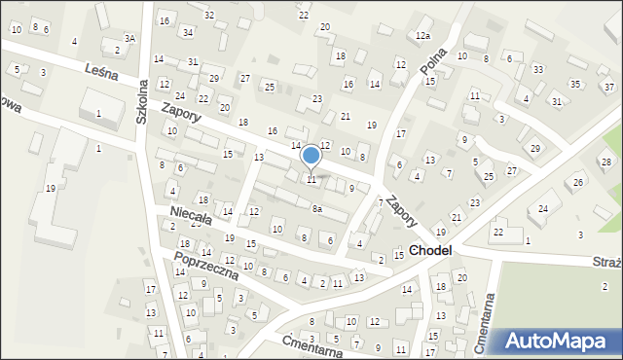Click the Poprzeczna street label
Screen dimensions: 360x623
[x=205, y=264]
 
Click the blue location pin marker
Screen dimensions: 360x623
[x=311, y=157]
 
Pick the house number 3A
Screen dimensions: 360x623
[x=129, y=38]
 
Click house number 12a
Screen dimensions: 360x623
[x=421, y=36]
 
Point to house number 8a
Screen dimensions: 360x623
[x=316, y=208]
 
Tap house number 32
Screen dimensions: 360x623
[x=209, y=15]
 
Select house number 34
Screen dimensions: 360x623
[x=187, y=32]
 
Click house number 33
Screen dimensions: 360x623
[x=537, y=69]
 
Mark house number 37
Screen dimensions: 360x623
[x=608, y=87]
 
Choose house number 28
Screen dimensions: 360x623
[x=605, y=162]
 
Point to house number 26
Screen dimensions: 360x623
[x=578, y=183]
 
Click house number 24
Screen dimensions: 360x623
[x=543, y=208]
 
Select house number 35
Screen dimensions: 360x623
[x=576, y=84]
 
